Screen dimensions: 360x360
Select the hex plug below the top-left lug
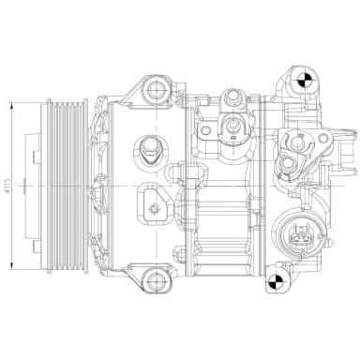(x=148, y=146)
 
